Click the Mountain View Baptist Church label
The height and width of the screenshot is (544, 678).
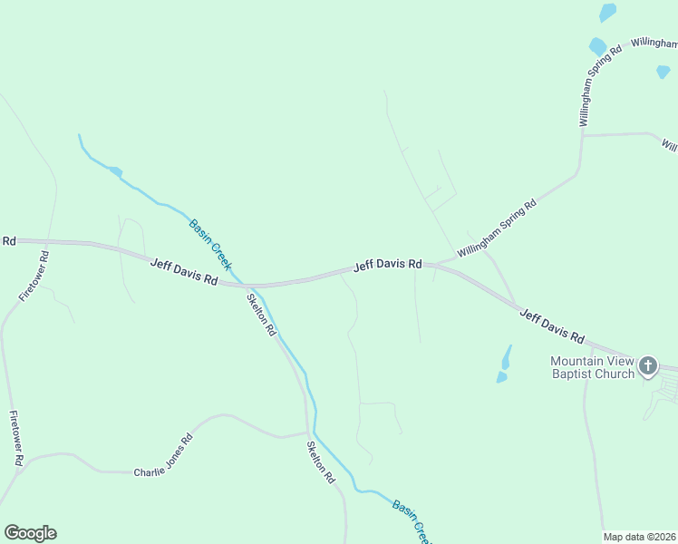(592, 367)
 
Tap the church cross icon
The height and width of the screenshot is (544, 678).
(647, 365)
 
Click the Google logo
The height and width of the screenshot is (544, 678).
(30, 533)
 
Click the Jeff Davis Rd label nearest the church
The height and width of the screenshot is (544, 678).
(551, 325)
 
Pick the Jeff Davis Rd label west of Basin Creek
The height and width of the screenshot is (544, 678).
(183, 271)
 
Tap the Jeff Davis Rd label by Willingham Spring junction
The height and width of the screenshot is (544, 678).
(387, 264)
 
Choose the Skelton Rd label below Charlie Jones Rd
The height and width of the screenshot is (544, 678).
(320, 461)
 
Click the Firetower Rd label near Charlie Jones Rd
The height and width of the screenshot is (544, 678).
(15, 438)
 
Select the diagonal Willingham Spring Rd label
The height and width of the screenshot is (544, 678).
(497, 228)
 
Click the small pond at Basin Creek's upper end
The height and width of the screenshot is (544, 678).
(115, 170)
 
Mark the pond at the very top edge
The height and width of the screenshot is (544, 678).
(607, 13)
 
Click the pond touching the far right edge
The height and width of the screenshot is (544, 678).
(663, 72)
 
